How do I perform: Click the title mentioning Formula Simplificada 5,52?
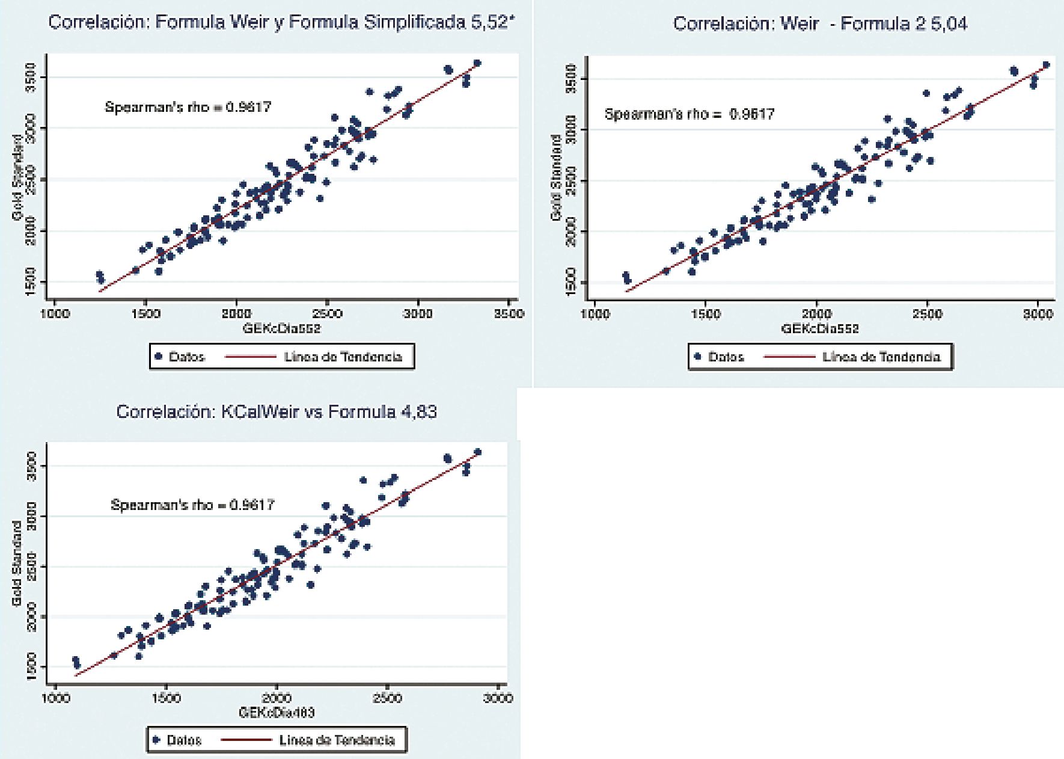tap(281, 23)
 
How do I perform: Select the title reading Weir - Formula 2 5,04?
tap(820, 24)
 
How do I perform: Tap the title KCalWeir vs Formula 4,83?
tap(277, 412)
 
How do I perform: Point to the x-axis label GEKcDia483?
tap(277, 713)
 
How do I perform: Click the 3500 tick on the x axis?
tap(509, 313)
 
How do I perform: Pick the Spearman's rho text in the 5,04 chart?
tap(689, 114)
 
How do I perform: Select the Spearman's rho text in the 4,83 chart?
tap(192, 505)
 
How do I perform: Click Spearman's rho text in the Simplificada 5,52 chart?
tap(188, 108)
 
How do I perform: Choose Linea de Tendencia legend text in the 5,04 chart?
tap(881, 357)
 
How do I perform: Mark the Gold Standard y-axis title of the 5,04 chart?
tap(556, 177)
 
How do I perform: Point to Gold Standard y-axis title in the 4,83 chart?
tap(16, 564)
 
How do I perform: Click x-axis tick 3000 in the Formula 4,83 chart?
tap(498, 698)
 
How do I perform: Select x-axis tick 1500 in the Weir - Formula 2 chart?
tap(706, 313)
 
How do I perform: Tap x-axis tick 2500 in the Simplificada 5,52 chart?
tap(327, 313)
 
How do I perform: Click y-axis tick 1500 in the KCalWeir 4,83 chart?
tap(31, 666)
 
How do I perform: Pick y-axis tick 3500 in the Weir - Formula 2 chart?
tap(571, 78)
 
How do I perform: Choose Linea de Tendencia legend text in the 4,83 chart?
tap(337, 740)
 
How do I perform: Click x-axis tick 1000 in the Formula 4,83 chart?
tap(55, 698)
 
